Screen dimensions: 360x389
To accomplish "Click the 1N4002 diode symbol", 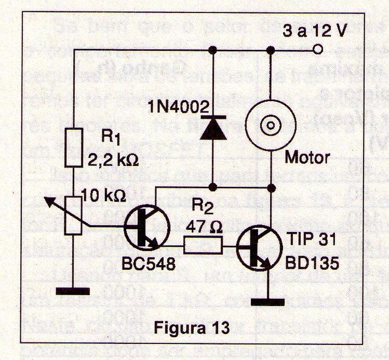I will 212,128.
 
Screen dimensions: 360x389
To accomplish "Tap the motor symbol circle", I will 270,125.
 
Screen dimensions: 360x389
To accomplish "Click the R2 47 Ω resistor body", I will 203,244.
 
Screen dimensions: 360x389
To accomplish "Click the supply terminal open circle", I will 318,50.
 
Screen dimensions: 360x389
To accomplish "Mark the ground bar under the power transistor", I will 270,301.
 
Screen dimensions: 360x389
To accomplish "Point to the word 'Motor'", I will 304,157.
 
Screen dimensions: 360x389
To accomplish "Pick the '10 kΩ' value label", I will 104,197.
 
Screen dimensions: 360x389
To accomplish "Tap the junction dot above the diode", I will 212,50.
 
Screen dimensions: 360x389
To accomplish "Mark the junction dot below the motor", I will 270,186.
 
